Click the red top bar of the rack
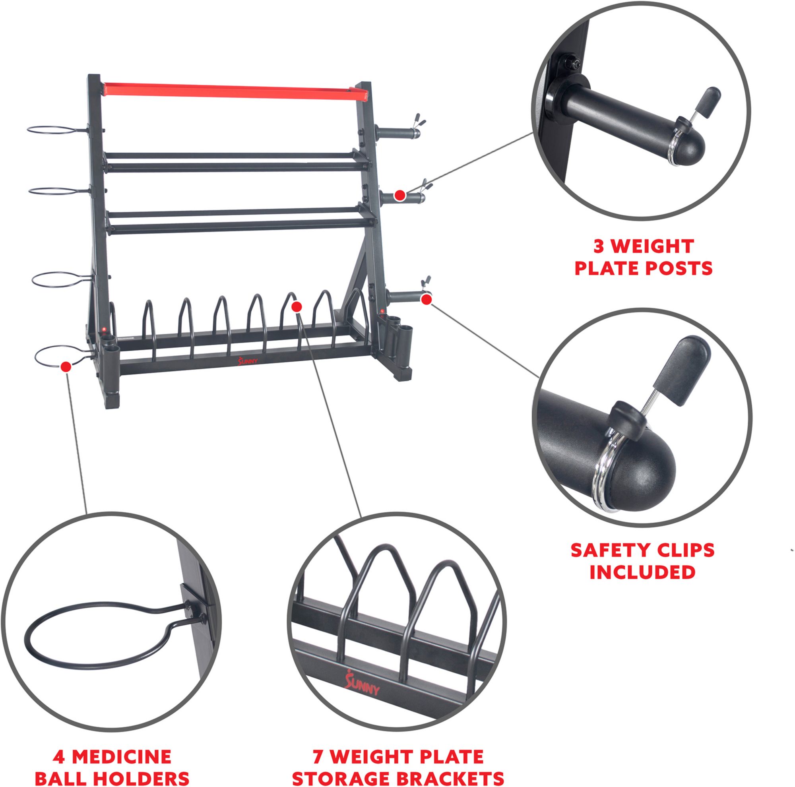point(231,91)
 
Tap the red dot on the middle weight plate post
point(398,196)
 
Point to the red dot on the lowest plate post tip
point(426,300)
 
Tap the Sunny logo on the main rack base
point(248,361)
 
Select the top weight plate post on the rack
point(395,133)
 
